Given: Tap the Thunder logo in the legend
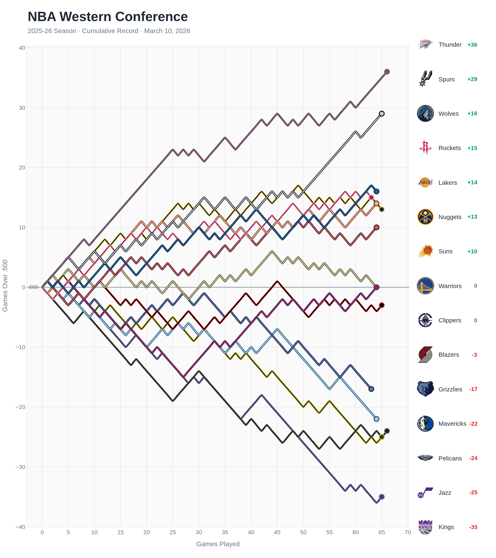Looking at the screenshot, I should pos(425,44).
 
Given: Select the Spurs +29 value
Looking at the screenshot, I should pos(472,79).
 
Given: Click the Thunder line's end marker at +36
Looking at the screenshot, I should pos(387,72).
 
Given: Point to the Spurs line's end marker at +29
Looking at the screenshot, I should pos(382,114).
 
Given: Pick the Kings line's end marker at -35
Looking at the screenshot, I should pos(382,497).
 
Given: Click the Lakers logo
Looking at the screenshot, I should pos(425,182).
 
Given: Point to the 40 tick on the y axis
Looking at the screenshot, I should pos(22,48).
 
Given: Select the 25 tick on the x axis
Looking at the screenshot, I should pos(173,532).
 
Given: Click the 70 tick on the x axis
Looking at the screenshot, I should pos(408,532).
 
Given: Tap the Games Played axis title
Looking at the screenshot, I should pos(218,544).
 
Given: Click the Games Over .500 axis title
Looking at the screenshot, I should pos(5,286).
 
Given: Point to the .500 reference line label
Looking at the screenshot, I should pos(33,287).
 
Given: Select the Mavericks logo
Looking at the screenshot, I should pos(425,424).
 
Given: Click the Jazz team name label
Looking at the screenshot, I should pos(445,493).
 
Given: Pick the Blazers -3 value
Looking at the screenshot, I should pos(475,355).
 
